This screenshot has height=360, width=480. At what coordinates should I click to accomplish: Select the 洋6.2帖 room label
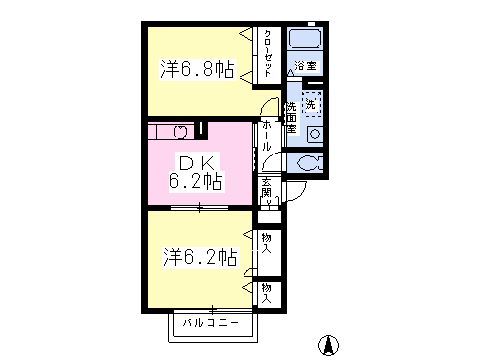click(200, 257)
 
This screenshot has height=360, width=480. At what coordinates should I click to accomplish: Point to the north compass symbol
click(326, 345)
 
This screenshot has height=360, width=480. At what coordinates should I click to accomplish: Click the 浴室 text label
click(304, 67)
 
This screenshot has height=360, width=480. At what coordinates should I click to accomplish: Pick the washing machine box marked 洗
click(312, 103)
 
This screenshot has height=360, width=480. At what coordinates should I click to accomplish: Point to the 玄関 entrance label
click(268, 189)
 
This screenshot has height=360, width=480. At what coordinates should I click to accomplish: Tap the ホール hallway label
click(267, 133)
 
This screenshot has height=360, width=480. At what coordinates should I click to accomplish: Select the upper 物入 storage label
click(267, 242)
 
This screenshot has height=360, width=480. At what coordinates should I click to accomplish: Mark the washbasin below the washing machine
click(314, 134)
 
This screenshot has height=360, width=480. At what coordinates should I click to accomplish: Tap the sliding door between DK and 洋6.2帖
click(200, 208)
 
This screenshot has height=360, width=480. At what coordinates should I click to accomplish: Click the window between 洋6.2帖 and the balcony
click(212, 308)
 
